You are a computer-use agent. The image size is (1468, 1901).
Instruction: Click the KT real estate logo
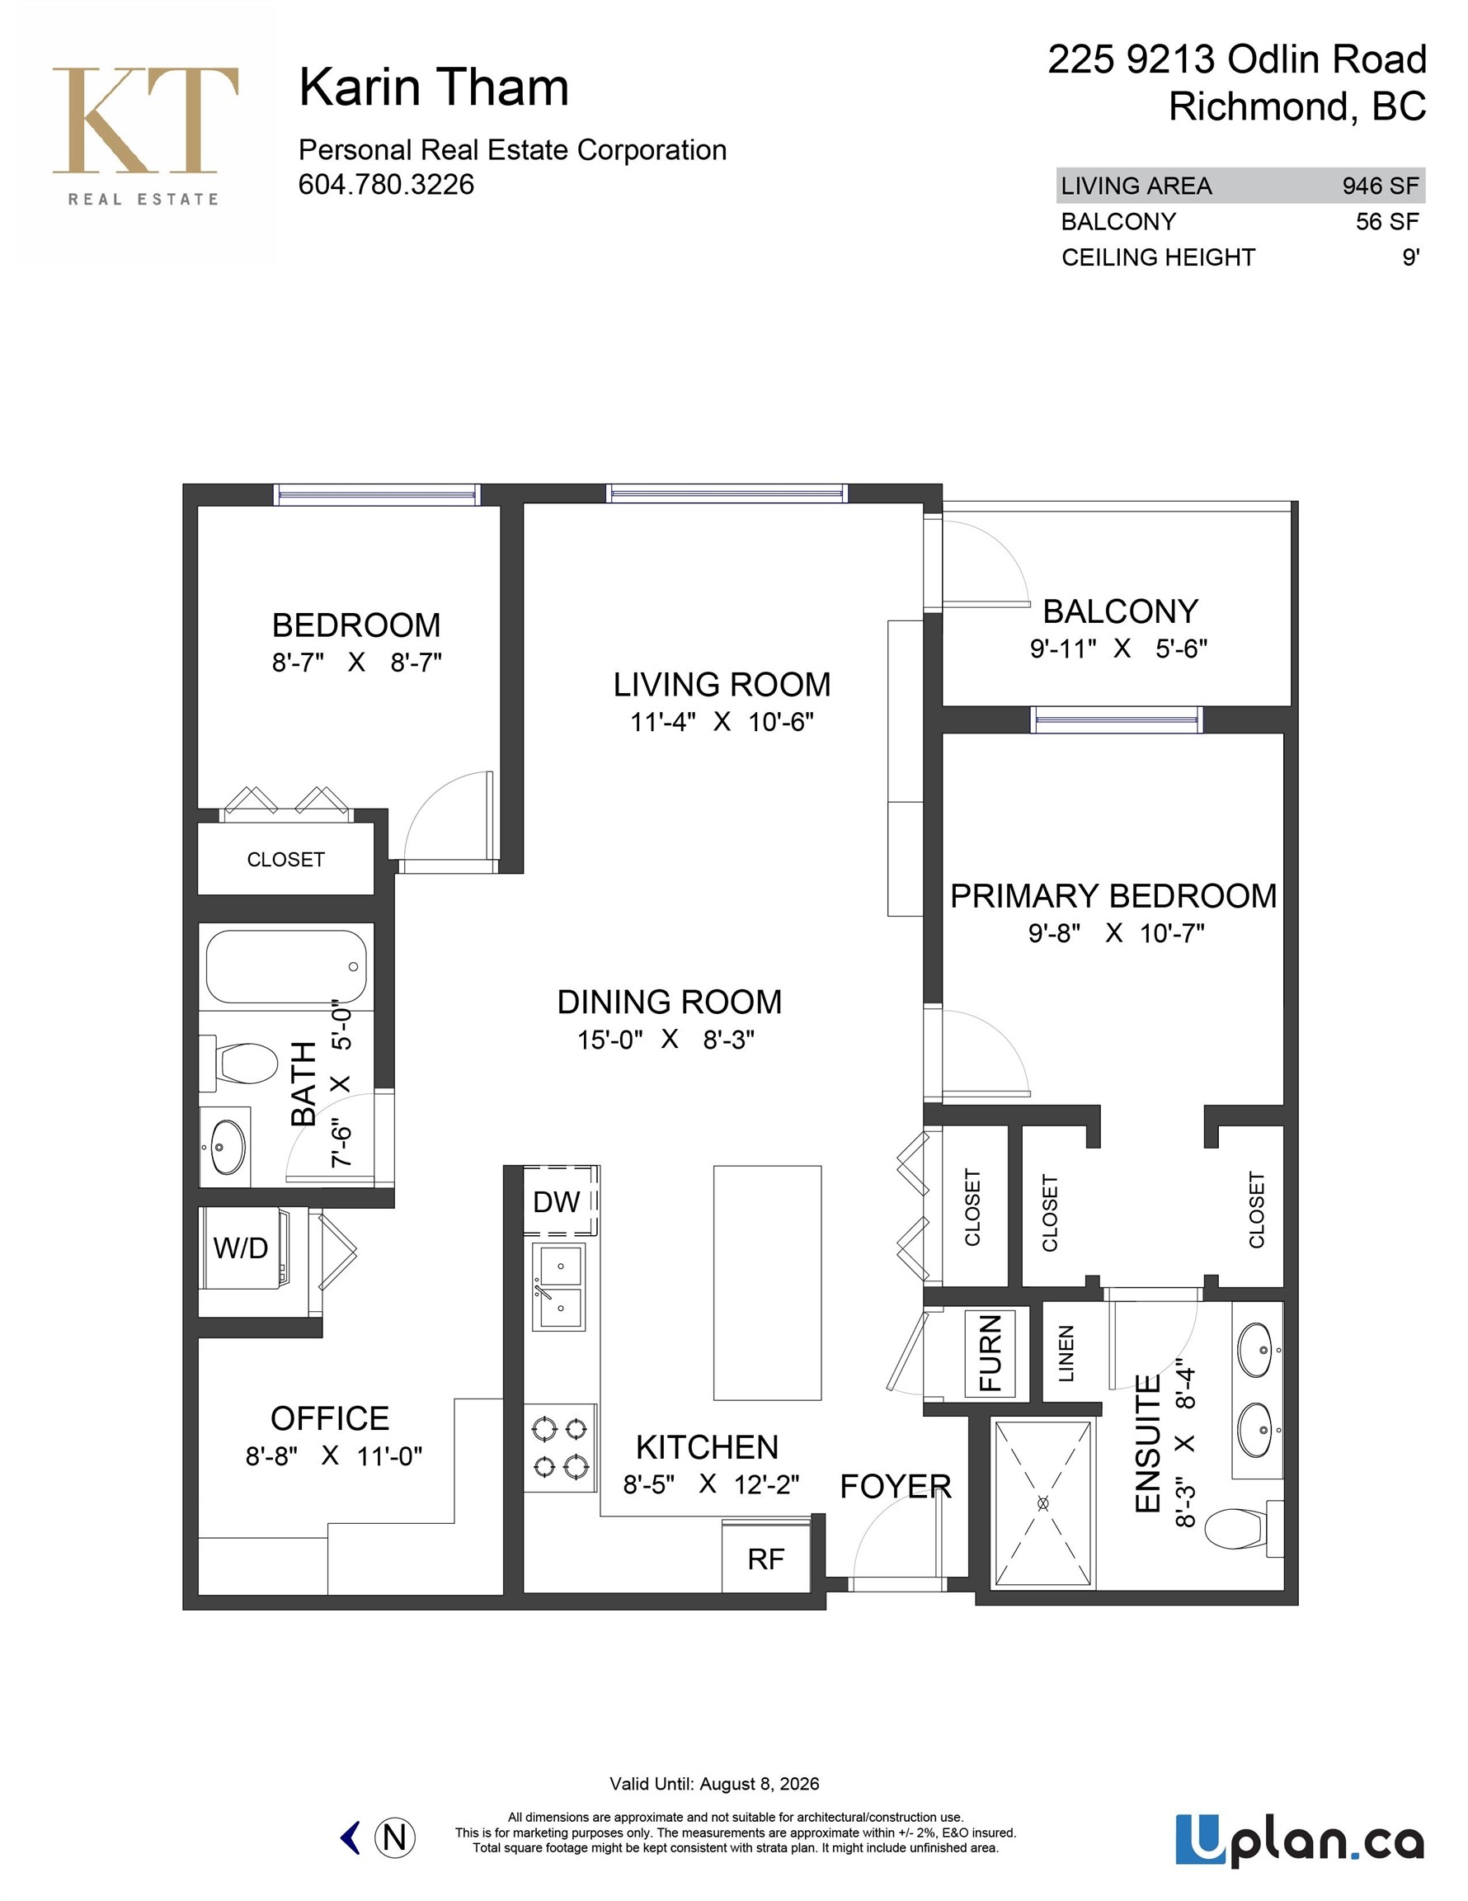pyautogui.click(x=144, y=135)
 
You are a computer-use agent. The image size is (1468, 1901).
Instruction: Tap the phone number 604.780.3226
pyautogui.click(x=385, y=185)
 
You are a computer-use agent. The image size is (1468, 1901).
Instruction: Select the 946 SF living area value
pyautogui.click(x=1379, y=186)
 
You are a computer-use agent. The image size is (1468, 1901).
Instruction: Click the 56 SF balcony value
pyautogui.click(x=1386, y=221)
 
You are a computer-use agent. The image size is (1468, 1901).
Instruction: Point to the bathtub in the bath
pyautogui.click(x=285, y=967)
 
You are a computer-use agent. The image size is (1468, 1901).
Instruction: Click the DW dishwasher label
pyautogui.click(x=556, y=1202)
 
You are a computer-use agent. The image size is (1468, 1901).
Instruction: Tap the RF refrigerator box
pyautogui.click(x=766, y=1558)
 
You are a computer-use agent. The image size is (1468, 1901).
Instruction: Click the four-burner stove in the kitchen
pyautogui.click(x=561, y=1447)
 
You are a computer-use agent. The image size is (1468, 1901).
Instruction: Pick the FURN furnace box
pyautogui.click(x=990, y=1352)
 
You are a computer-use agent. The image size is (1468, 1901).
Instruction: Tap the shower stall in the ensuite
pyautogui.click(x=1042, y=1503)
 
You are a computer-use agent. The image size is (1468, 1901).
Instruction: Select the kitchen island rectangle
pyautogui.click(x=767, y=1282)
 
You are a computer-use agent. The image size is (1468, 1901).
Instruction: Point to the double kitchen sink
pyautogui.click(x=558, y=1286)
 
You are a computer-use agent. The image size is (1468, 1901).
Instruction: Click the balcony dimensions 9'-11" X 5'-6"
pyautogui.click(x=1118, y=649)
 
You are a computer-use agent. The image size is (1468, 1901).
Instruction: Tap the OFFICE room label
pyautogui.click(x=330, y=1419)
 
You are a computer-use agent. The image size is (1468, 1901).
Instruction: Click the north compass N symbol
pyautogui.click(x=394, y=1837)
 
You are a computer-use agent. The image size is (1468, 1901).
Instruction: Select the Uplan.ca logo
pyautogui.click(x=1298, y=1840)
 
